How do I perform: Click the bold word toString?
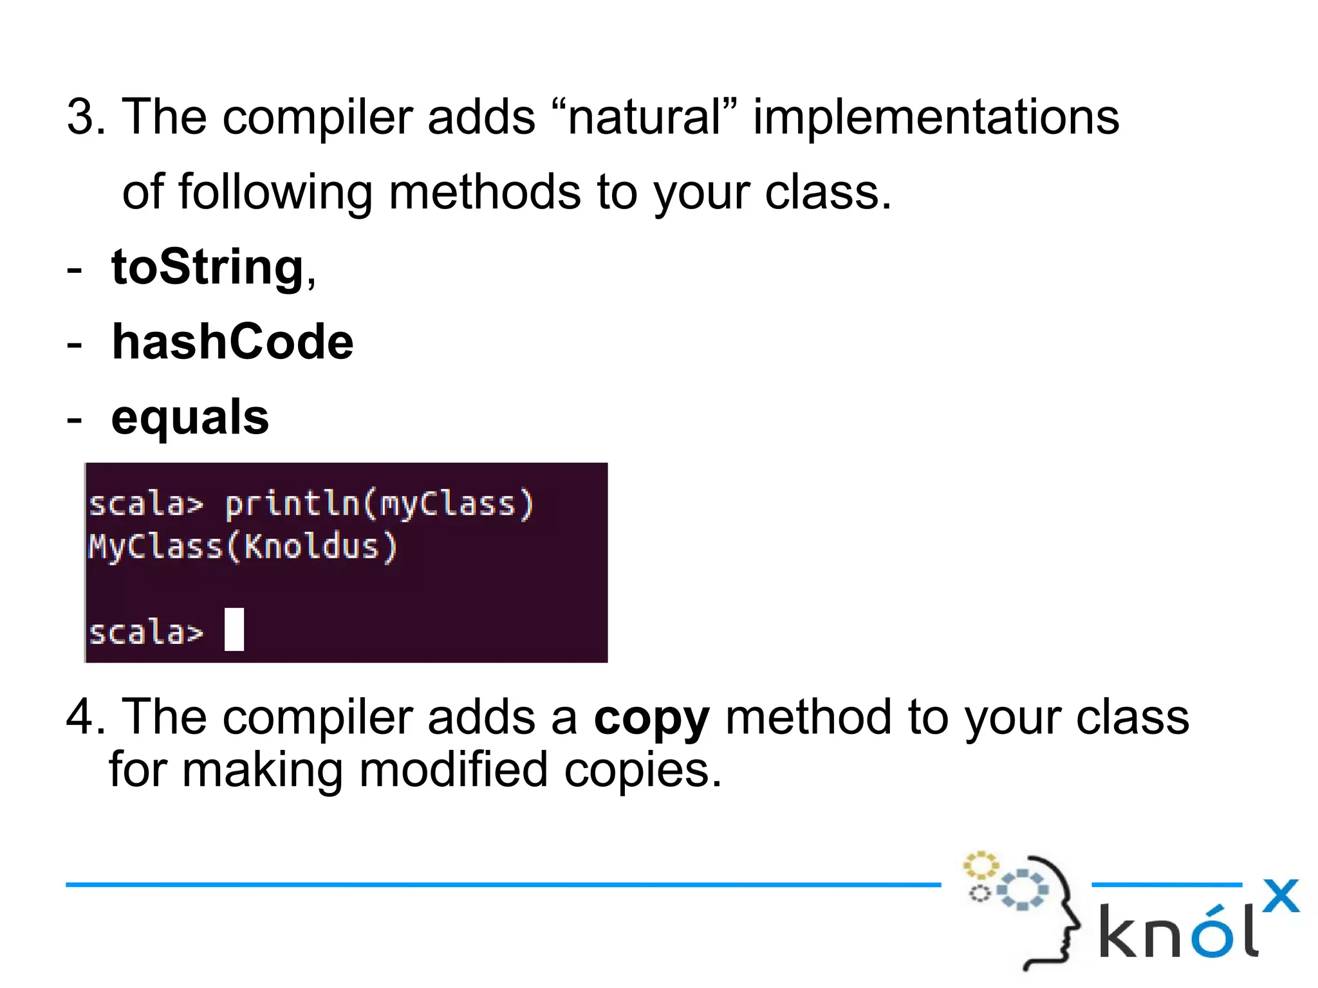click(207, 268)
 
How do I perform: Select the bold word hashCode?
click(232, 342)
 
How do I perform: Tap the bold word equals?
click(190, 417)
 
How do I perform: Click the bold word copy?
click(651, 718)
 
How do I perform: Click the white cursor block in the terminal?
click(234, 629)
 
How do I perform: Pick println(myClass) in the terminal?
click(379, 504)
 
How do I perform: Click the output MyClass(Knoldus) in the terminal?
click(243, 547)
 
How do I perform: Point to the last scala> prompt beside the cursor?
click(146, 632)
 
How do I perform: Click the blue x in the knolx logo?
click(1280, 896)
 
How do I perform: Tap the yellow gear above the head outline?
click(980, 866)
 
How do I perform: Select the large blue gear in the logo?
click(1023, 890)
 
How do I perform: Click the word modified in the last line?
click(453, 771)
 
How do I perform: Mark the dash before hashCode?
click(75, 345)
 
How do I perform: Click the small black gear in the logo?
click(979, 893)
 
